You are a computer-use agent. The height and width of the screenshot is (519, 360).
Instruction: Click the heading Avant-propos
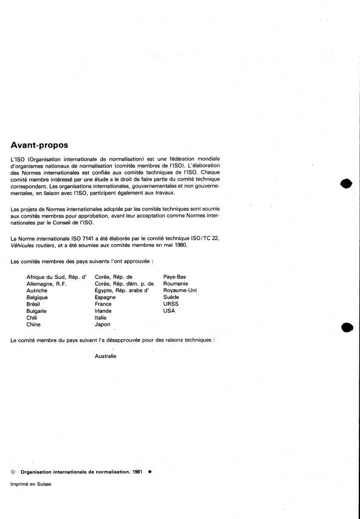(x=40, y=145)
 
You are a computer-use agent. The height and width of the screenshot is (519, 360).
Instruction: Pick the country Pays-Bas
(x=175, y=277)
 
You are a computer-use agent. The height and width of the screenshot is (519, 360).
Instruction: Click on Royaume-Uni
(x=180, y=290)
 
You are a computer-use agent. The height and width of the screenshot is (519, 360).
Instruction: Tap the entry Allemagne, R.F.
(x=46, y=284)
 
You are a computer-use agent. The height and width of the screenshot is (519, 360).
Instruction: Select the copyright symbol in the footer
(x=13, y=471)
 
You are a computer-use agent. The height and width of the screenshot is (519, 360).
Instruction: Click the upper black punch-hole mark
(x=347, y=184)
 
